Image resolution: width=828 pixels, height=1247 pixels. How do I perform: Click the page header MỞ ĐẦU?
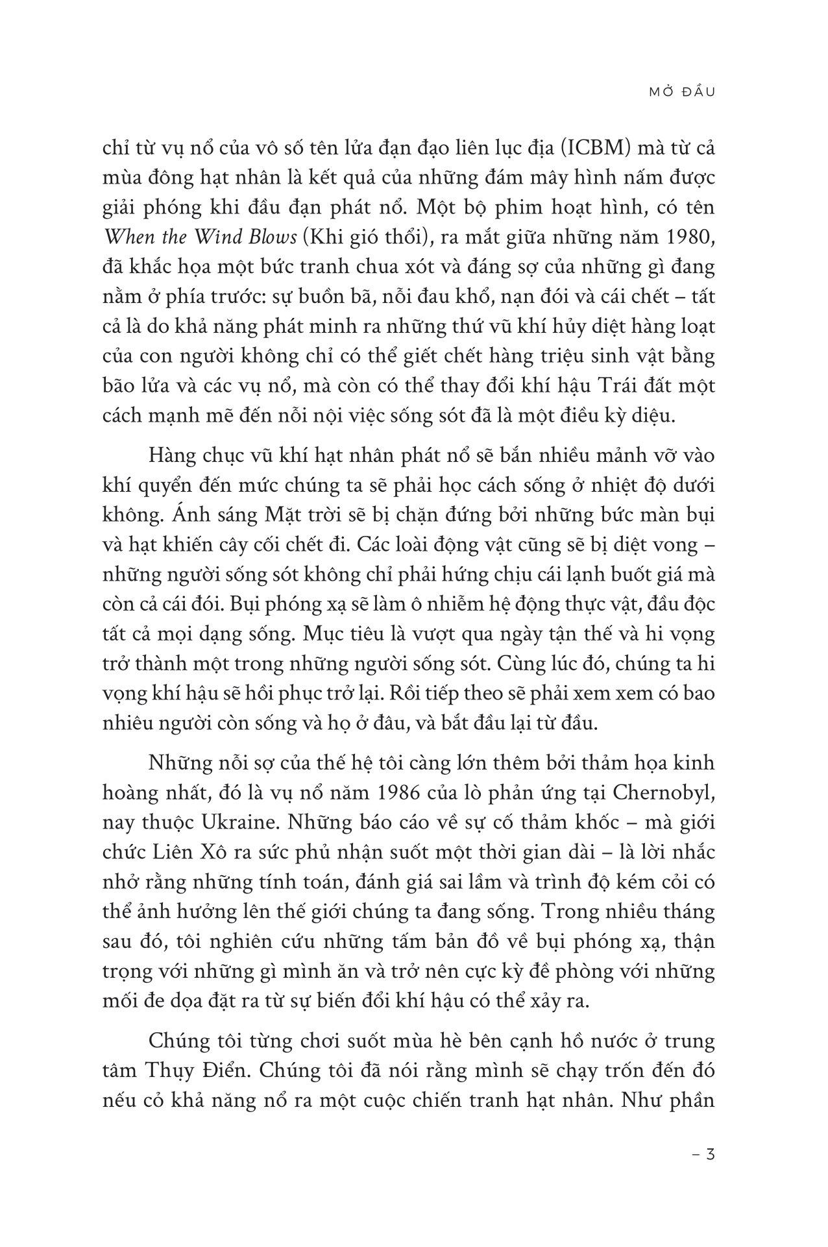pos(681,92)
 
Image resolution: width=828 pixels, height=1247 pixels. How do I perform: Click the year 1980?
pos(688,238)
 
